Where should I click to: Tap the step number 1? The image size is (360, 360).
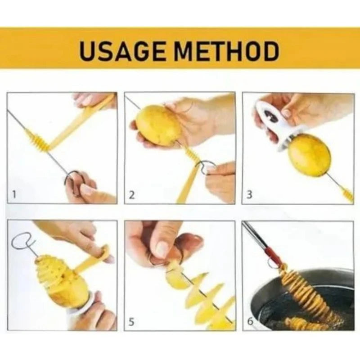[x=14, y=195]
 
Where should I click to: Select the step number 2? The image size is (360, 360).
[x=132, y=195]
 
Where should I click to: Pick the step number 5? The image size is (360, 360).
[x=132, y=322]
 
